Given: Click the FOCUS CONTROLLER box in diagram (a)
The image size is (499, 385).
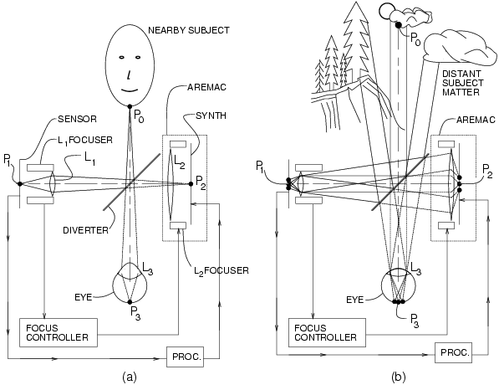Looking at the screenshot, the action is click(x=59, y=332).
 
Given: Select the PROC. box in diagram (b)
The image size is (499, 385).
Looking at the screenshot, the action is click(x=453, y=352).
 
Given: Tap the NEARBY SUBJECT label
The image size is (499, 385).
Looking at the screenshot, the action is click(x=189, y=30).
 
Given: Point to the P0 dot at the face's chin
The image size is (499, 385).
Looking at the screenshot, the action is click(x=130, y=106).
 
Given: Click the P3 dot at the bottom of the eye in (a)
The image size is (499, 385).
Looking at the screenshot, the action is click(x=130, y=302).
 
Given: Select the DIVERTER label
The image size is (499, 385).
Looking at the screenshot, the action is click(x=85, y=230).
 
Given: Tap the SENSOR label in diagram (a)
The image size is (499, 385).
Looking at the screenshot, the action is click(x=77, y=119).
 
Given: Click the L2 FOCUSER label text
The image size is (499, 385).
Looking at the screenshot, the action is click(x=221, y=271).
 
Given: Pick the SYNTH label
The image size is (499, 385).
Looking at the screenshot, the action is click(x=211, y=116).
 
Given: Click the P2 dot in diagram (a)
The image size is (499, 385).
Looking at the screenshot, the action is click(x=191, y=184).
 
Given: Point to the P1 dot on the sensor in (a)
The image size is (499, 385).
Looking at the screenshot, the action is click(x=20, y=184).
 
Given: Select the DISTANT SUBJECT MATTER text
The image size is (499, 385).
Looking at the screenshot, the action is click(x=463, y=83).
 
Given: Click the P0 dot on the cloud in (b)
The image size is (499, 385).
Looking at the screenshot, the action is click(x=398, y=24).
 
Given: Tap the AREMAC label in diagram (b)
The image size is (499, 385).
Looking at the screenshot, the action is click(x=476, y=120).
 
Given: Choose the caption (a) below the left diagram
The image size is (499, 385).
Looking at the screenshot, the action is click(x=130, y=377).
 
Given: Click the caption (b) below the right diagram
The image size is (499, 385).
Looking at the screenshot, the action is click(x=399, y=377).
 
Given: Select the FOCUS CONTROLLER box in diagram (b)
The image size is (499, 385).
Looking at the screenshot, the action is click(x=327, y=332).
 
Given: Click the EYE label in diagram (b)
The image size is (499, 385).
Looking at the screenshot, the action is click(x=354, y=300).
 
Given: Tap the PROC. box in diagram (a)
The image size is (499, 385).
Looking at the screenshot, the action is click(x=186, y=357).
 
